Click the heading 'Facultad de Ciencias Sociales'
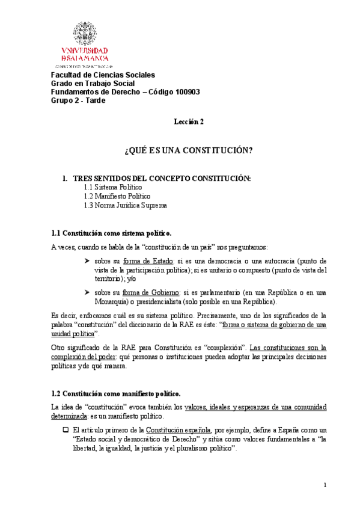pyautogui.click(x=102, y=75)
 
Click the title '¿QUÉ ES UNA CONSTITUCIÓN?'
pyautogui.click(x=188, y=149)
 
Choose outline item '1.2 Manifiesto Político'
pyautogui.click(x=117, y=196)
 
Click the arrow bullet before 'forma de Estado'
pyautogui.click(x=88, y=262)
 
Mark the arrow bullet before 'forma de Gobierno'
pyautogui.click(x=88, y=292)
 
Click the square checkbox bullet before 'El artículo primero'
pyautogui.click(x=66, y=431)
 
